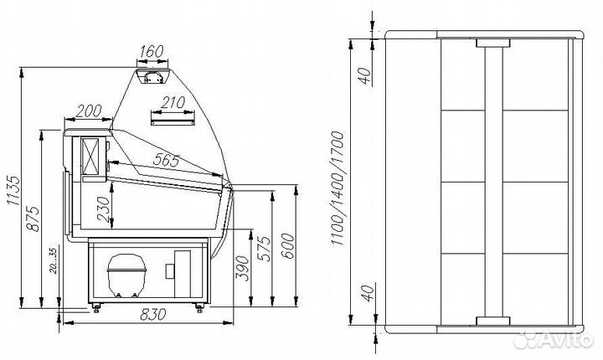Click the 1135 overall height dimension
[13, 191]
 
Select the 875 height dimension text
[33, 219]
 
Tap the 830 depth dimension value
[153, 315]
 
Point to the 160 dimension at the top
[152, 52]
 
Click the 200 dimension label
[89, 111]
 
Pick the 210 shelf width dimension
[173, 103]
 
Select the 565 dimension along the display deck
[166, 160]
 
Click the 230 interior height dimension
[103, 209]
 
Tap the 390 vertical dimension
[243, 268]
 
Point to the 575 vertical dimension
[265, 249]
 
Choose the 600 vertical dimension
[287, 246]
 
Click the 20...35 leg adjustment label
[53, 260]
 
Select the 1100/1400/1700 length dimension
[337, 188]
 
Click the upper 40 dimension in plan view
[365, 76]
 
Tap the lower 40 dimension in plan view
[368, 293]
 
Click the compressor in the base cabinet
[126, 275]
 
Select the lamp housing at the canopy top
[152, 75]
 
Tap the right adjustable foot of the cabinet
[199, 306]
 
